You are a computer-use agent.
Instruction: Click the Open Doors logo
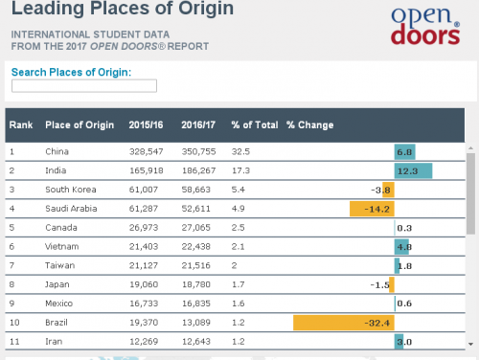click(425, 25)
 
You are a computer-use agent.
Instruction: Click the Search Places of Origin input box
click(84, 86)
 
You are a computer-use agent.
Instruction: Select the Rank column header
click(21, 124)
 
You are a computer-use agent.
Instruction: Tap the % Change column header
click(310, 124)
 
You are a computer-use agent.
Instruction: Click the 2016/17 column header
click(198, 124)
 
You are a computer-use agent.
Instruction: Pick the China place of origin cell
click(57, 151)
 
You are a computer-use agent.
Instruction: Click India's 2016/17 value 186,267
click(198, 170)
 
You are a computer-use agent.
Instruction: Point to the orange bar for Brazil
click(344, 323)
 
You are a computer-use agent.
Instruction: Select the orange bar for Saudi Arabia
click(372, 209)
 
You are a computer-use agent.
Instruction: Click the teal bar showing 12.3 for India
click(413, 170)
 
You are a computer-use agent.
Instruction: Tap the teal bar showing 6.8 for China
click(405, 152)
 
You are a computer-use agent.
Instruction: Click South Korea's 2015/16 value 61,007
click(144, 190)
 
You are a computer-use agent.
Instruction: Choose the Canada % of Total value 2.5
click(239, 228)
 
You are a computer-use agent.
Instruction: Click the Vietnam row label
click(61, 246)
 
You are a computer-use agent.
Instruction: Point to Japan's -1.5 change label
click(380, 284)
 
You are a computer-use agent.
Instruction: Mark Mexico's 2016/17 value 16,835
click(196, 304)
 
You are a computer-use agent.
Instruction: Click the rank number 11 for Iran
click(14, 342)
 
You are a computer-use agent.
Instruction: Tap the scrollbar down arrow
click(470, 344)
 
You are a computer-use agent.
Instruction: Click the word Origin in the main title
click(206, 9)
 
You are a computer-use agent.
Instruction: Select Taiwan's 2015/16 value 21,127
click(144, 265)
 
